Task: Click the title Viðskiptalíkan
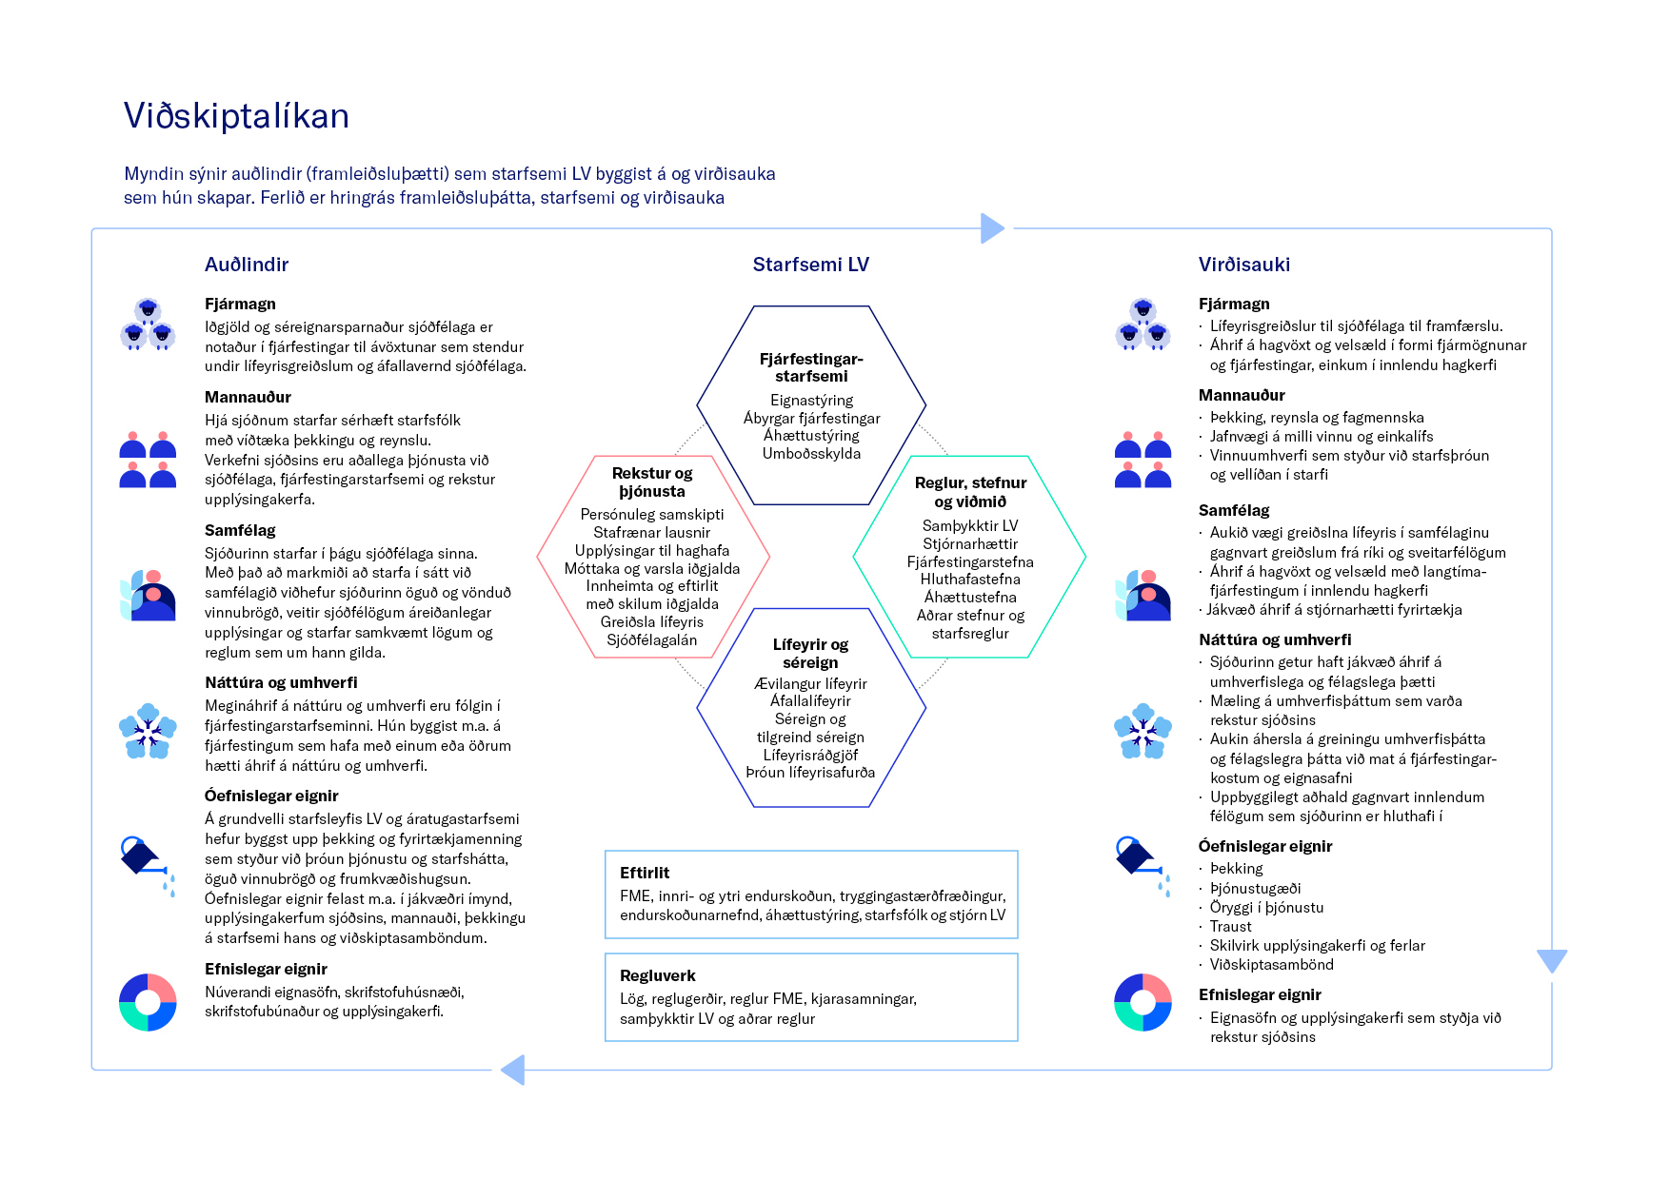[x=236, y=116]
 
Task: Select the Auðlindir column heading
[x=247, y=265]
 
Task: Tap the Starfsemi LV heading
[x=810, y=265]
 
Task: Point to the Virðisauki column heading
[x=1243, y=265]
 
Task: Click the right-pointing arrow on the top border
[x=992, y=228]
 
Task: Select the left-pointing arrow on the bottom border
[x=513, y=1070]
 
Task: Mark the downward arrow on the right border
[x=1552, y=960]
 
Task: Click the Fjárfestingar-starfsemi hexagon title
[x=811, y=367]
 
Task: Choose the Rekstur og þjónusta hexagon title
[x=652, y=482]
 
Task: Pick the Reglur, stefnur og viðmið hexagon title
[x=970, y=492]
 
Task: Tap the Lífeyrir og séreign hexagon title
[x=810, y=653]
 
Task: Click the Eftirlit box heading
[x=645, y=873]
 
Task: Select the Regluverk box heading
[x=657, y=975]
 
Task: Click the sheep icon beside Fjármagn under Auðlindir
[x=148, y=324]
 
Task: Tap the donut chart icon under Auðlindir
[x=148, y=1002]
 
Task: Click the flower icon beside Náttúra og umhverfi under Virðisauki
[x=1142, y=731]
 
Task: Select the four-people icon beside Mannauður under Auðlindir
[x=148, y=460]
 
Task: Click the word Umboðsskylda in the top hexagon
[x=811, y=454]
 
